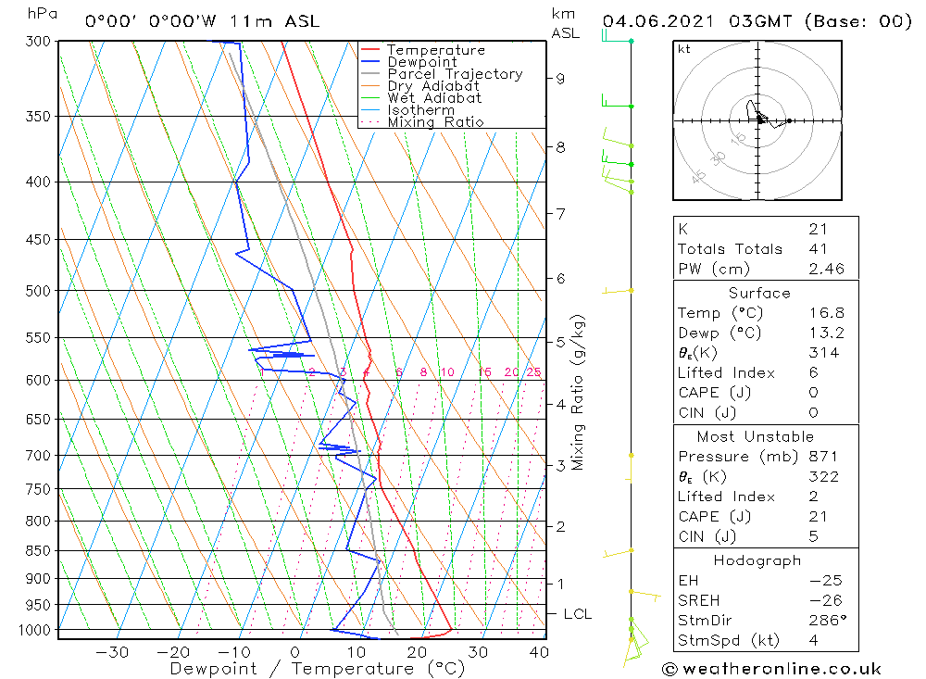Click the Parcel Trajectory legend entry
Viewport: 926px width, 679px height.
coord(454,74)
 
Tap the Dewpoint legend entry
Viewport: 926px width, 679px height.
coord(421,62)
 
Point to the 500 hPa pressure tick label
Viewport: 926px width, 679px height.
coord(39,291)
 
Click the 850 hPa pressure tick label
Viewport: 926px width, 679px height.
coord(39,550)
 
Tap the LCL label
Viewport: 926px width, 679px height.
coord(577,614)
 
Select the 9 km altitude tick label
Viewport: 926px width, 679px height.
coord(561,79)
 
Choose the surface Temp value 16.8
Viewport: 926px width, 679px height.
coord(826,313)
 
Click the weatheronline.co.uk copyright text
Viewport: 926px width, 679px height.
coord(771,669)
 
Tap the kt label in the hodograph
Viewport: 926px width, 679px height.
coord(684,49)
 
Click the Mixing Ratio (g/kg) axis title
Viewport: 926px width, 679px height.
coord(579,391)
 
